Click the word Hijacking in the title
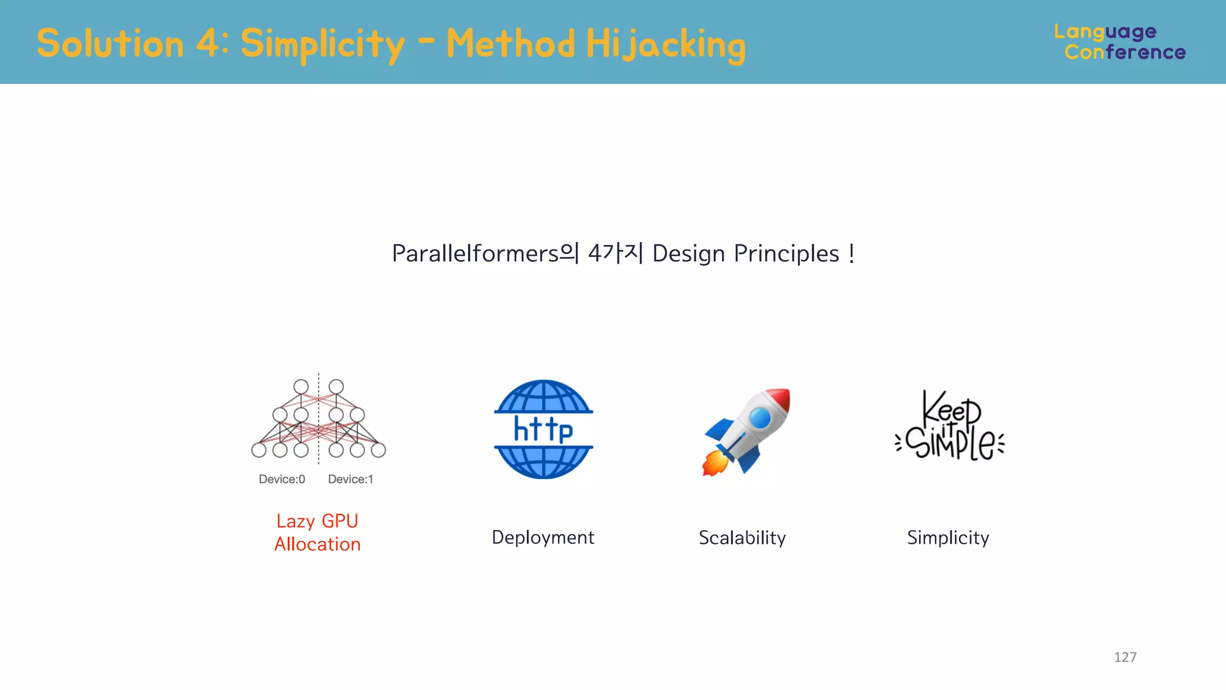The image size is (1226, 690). coord(665,45)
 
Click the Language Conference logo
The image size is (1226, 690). coord(1119,42)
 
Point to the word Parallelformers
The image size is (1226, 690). coord(475,254)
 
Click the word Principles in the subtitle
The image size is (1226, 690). coord(786,254)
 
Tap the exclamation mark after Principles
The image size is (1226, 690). coord(851,254)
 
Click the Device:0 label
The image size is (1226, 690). coord(281,479)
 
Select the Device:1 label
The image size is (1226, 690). coord(350,479)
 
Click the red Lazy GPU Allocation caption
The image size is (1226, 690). coord(317,532)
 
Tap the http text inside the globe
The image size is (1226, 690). coord(543,429)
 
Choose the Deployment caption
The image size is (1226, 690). coord(542,537)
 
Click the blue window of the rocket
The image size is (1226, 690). coord(760,417)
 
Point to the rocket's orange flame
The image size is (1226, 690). coord(714,463)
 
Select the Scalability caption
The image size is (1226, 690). coord(742,538)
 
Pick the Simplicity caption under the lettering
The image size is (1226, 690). coord(948,538)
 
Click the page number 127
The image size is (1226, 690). coord(1124,657)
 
